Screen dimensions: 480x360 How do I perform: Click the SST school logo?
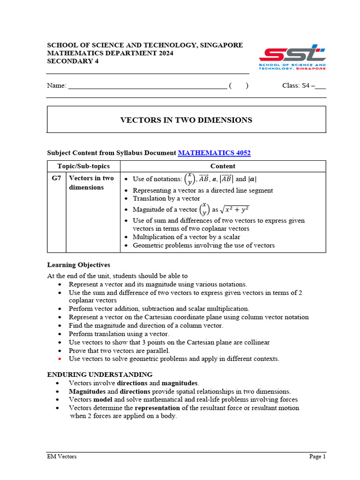(292, 57)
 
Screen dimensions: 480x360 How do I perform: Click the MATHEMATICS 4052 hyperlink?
(214, 153)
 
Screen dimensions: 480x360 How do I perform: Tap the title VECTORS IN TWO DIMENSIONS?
(186, 120)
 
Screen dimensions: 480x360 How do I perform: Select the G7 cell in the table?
(56, 178)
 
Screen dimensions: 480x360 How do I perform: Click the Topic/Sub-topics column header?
(83, 166)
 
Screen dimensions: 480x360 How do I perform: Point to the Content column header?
(223, 166)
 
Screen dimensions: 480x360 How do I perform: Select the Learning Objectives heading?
(79, 265)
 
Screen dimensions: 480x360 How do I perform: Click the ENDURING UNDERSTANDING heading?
(100, 375)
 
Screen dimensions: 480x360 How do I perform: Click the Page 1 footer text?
(317, 457)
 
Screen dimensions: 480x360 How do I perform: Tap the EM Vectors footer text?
(62, 457)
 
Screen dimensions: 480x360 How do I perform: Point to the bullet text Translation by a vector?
(166, 198)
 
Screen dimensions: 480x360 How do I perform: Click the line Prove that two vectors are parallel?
(120, 351)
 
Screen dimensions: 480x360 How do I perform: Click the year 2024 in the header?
(165, 53)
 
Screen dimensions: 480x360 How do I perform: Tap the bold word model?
(103, 399)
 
